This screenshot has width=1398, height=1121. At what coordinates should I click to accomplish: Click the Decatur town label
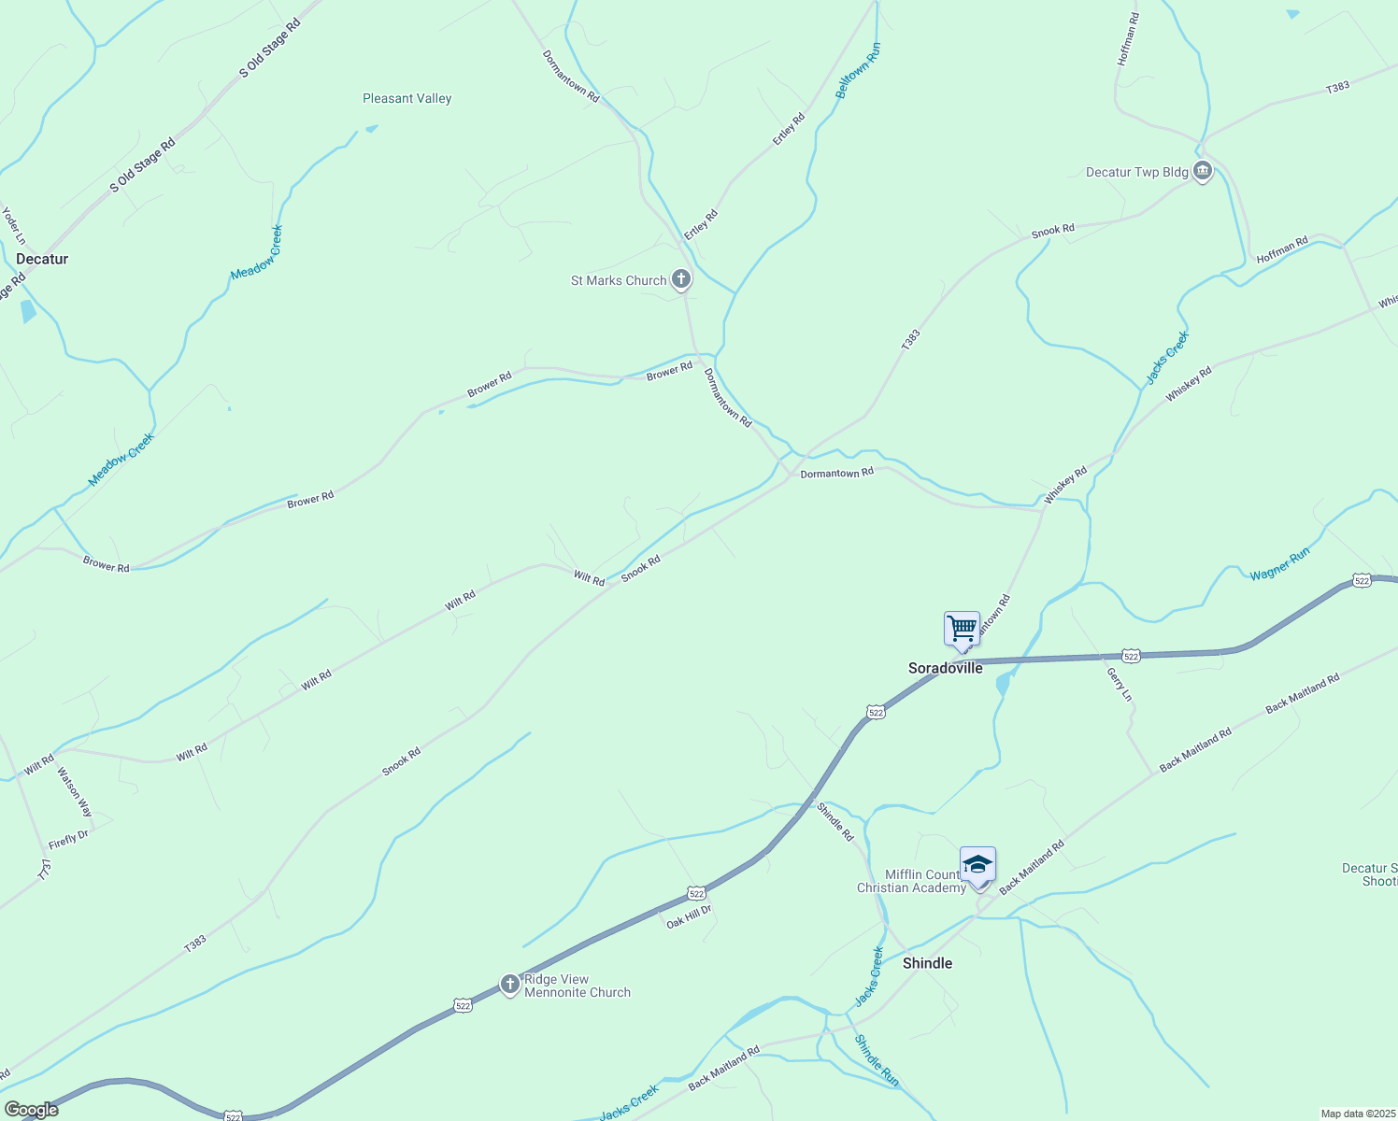pos(42,259)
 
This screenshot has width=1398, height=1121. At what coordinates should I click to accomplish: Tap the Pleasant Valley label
pos(407,98)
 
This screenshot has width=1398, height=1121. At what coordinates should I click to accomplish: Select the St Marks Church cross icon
pos(681,279)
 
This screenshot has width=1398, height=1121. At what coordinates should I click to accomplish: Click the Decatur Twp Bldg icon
pos(1203,172)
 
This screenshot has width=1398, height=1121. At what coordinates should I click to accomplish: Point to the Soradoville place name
pos(945,668)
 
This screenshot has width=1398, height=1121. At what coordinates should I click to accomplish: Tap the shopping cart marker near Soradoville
pos(962,629)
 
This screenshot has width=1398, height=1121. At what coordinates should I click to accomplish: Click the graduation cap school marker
pos(977,865)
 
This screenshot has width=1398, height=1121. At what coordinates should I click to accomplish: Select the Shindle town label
pos(927,963)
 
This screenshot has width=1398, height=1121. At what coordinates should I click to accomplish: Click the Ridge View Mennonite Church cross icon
pos(509,985)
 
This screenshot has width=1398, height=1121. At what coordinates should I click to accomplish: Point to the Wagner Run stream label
pos(1280,564)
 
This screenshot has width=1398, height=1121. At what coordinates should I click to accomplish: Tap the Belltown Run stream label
pos(858,71)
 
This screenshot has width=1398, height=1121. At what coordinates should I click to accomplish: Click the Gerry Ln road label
pos(1119,685)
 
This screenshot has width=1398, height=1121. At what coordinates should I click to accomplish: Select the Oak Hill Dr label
pos(689,916)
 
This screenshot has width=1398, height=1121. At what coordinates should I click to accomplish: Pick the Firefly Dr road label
pos(68,839)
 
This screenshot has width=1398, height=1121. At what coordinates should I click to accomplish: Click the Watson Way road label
pos(75,792)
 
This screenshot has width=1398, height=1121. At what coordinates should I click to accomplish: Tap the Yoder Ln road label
pos(13,226)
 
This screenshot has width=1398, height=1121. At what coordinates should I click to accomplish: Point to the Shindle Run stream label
pos(877,1060)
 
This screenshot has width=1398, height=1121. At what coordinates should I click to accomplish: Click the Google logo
pos(31,1110)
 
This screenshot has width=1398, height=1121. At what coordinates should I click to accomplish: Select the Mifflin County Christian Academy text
pos(911,881)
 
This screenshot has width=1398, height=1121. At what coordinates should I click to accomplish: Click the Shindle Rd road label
pos(835,822)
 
